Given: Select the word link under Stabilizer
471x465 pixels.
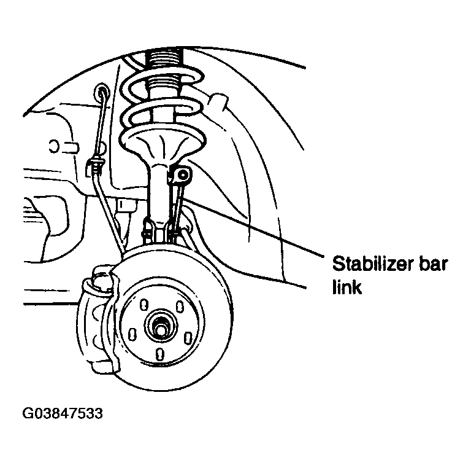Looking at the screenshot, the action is point(347,287).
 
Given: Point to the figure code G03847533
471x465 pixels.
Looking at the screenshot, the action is point(63,413).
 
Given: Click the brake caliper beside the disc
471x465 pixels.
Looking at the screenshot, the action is point(96,319).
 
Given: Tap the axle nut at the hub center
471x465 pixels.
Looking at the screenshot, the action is point(161,326).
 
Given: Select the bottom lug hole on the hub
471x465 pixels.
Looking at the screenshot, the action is point(160,354).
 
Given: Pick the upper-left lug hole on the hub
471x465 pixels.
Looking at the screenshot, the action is point(144,304).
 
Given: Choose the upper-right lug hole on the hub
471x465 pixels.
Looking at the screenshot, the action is point(180,306).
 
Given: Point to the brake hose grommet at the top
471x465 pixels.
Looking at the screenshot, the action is point(101,92).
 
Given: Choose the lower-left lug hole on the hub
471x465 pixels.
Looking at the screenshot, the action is point(132,334).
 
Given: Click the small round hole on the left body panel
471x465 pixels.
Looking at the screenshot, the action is point(53,146).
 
